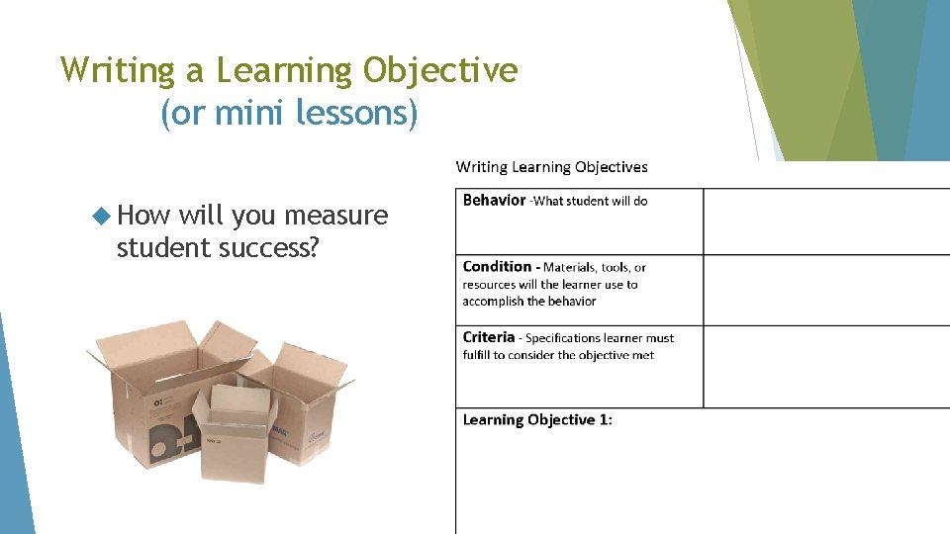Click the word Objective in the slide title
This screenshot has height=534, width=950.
point(441,71)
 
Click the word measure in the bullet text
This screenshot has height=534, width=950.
point(335,215)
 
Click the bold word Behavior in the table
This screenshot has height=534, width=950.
point(494,200)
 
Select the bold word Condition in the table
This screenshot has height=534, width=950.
point(497,266)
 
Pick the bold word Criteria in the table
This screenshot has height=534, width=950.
point(489,337)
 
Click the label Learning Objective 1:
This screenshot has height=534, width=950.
point(537,419)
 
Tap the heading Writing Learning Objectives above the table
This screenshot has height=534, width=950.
point(551,167)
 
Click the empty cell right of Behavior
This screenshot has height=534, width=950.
point(826,221)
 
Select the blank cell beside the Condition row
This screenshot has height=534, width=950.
point(826,290)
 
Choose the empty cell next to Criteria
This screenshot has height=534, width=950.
point(826,366)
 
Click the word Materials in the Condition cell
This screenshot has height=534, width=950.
point(573,267)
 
